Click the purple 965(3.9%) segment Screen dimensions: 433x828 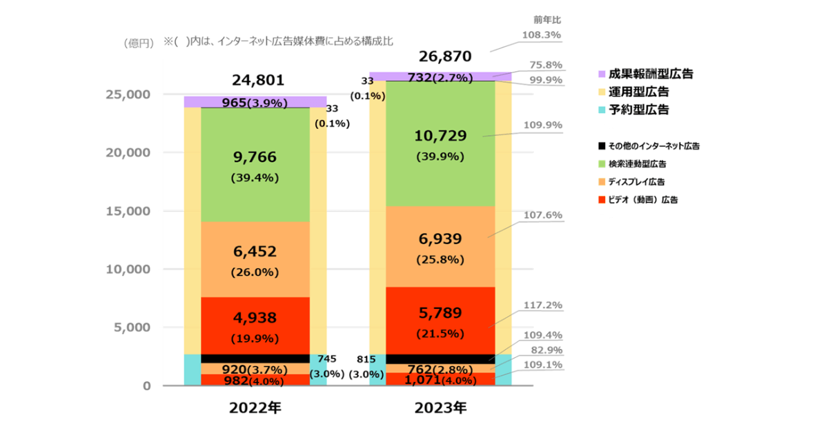tap(255, 102)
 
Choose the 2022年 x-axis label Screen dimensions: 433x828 tap(255, 407)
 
